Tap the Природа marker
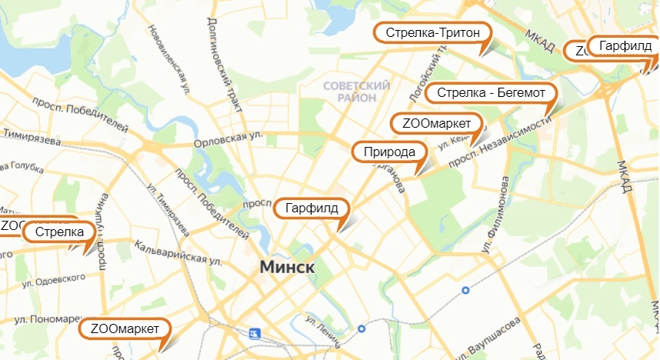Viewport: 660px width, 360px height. pyautogui.click(x=389, y=152)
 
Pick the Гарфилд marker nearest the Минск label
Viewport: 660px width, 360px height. pyautogui.click(x=312, y=208)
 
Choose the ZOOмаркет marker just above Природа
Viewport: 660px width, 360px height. pyautogui.click(x=436, y=123)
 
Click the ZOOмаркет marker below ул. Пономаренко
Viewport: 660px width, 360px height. pyautogui.click(x=124, y=329)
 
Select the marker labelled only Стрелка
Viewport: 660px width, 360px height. pyautogui.click(x=58, y=232)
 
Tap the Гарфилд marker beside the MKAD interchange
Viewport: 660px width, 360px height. pyautogui.click(x=625, y=46)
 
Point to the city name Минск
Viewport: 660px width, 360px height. pyautogui.click(x=288, y=267)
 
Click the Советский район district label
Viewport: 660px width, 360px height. pyautogui.click(x=356, y=92)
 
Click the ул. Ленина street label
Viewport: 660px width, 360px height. pyautogui.click(x=323, y=324)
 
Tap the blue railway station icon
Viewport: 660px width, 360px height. pyautogui.click(x=255, y=333)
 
